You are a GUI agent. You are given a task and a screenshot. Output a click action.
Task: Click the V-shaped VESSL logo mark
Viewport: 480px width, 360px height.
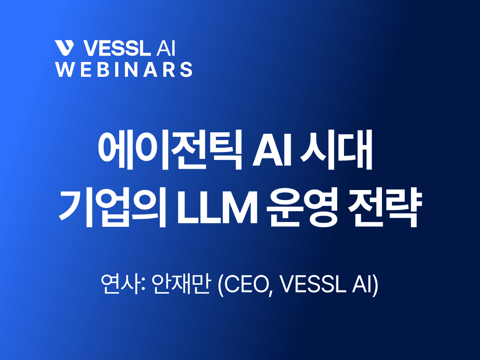pos(65,48)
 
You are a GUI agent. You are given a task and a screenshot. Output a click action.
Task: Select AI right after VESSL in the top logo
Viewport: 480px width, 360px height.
pos(164,48)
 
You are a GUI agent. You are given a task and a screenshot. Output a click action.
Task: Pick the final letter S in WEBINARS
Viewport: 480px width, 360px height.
pos(186,69)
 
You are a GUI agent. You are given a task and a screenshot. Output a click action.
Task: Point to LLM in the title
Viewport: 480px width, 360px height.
pos(216,211)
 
